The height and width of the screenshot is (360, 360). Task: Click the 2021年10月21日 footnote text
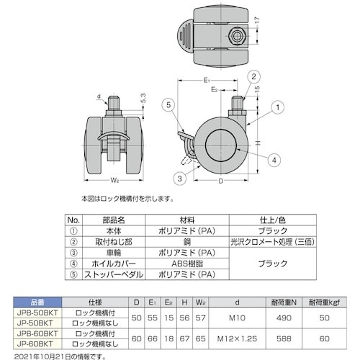50,354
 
